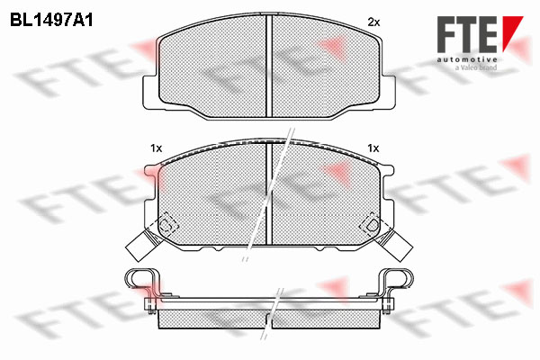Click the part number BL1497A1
click(x=51, y=21)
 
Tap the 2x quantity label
click(x=373, y=22)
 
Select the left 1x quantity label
click(x=156, y=148)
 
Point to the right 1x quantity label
click(x=373, y=148)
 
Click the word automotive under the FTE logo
click(x=467, y=60)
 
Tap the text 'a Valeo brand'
click(x=476, y=67)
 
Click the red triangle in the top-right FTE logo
click(x=512, y=33)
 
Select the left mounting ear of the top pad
click(x=150, y=92)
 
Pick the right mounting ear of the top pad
click(x=388, y=92)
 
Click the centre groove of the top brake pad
click(x=269, y=66)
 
